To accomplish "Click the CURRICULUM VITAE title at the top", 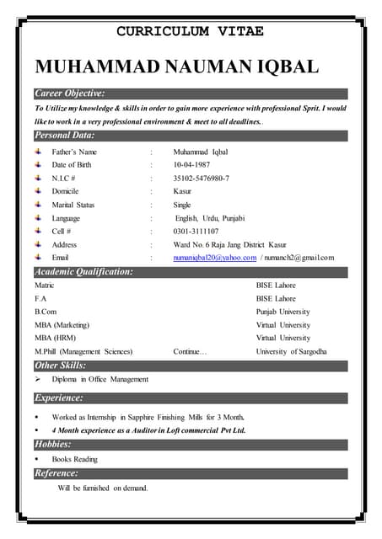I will tap(190, 31).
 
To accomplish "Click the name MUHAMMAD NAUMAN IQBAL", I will tap(176, 67).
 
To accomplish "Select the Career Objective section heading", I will tap(70, 93).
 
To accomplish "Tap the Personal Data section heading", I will tap(64, 135).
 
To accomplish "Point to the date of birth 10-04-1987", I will tap(195, 165).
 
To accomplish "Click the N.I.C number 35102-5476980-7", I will tap(201, 179).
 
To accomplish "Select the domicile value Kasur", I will tap(182, 191).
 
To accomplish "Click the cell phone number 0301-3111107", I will tap(196, 231).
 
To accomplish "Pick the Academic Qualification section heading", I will tap(83, 271).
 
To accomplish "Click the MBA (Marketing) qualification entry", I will tap(62, 324).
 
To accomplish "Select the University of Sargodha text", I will tap(291, 351).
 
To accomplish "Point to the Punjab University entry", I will tap(283, 312).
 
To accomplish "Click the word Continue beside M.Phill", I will tap(190, 351).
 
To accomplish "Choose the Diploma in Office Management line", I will tap(100, 379).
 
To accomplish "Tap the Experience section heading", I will tap(59, 398).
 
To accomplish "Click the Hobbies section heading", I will tap(52, 444).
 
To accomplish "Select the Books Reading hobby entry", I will tap(74, 459).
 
